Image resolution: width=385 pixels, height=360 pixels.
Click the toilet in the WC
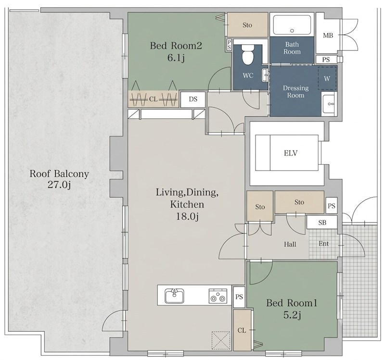pos(247,54)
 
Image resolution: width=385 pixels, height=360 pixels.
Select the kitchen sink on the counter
pos(174,296)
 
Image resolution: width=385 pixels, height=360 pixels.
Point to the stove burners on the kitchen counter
pos(218,296)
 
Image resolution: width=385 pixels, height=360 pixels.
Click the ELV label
pos(291,153)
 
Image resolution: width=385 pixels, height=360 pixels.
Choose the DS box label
pos(193,99)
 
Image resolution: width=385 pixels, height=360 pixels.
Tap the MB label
pos(328,36)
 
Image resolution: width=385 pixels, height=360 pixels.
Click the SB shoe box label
pos(322,223)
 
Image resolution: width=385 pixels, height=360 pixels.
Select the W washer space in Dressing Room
pos(327,78)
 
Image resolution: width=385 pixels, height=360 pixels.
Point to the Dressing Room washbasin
pos(329,104)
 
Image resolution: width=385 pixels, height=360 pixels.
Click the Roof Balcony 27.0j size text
pos(59,185)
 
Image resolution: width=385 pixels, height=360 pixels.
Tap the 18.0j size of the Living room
pos(187,216)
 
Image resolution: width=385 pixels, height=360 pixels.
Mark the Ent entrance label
pos(323,244)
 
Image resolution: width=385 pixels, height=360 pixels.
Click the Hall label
pos(290,244)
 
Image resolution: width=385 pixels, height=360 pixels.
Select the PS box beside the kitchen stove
pos(239,297)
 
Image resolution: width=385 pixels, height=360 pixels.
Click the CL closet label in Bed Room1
pos(242,330)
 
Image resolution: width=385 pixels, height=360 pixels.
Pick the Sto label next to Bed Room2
pos(247,25)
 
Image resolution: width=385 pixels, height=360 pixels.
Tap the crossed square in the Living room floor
pos(221,340)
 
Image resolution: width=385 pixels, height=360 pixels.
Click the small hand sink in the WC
pos(265,75)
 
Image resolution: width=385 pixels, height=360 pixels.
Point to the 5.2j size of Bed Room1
pos(292,315)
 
